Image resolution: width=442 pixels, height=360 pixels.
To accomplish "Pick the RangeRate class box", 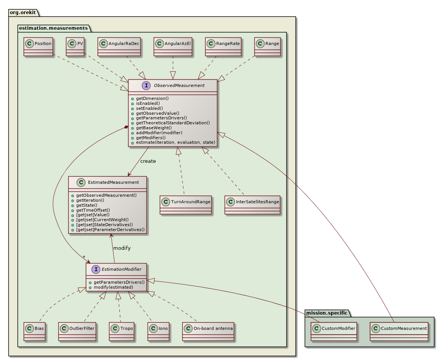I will click(223, 47).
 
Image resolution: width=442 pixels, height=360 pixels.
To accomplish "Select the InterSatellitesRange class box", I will click(252, 205).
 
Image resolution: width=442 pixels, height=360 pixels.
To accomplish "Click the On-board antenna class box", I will click(208, 331).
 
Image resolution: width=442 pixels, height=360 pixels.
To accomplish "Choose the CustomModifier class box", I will click(334, 331).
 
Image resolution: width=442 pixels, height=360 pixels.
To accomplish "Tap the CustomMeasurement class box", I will click(399, 331).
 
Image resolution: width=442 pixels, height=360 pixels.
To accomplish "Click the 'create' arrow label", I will click(148, 161).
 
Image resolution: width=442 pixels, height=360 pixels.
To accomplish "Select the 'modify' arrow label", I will click(122, 248).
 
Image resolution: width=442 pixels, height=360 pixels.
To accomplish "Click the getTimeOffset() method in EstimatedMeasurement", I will click(93, 210).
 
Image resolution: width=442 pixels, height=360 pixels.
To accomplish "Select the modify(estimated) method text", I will click(111, 287).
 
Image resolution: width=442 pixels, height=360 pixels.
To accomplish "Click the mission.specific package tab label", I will click(327, 313).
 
